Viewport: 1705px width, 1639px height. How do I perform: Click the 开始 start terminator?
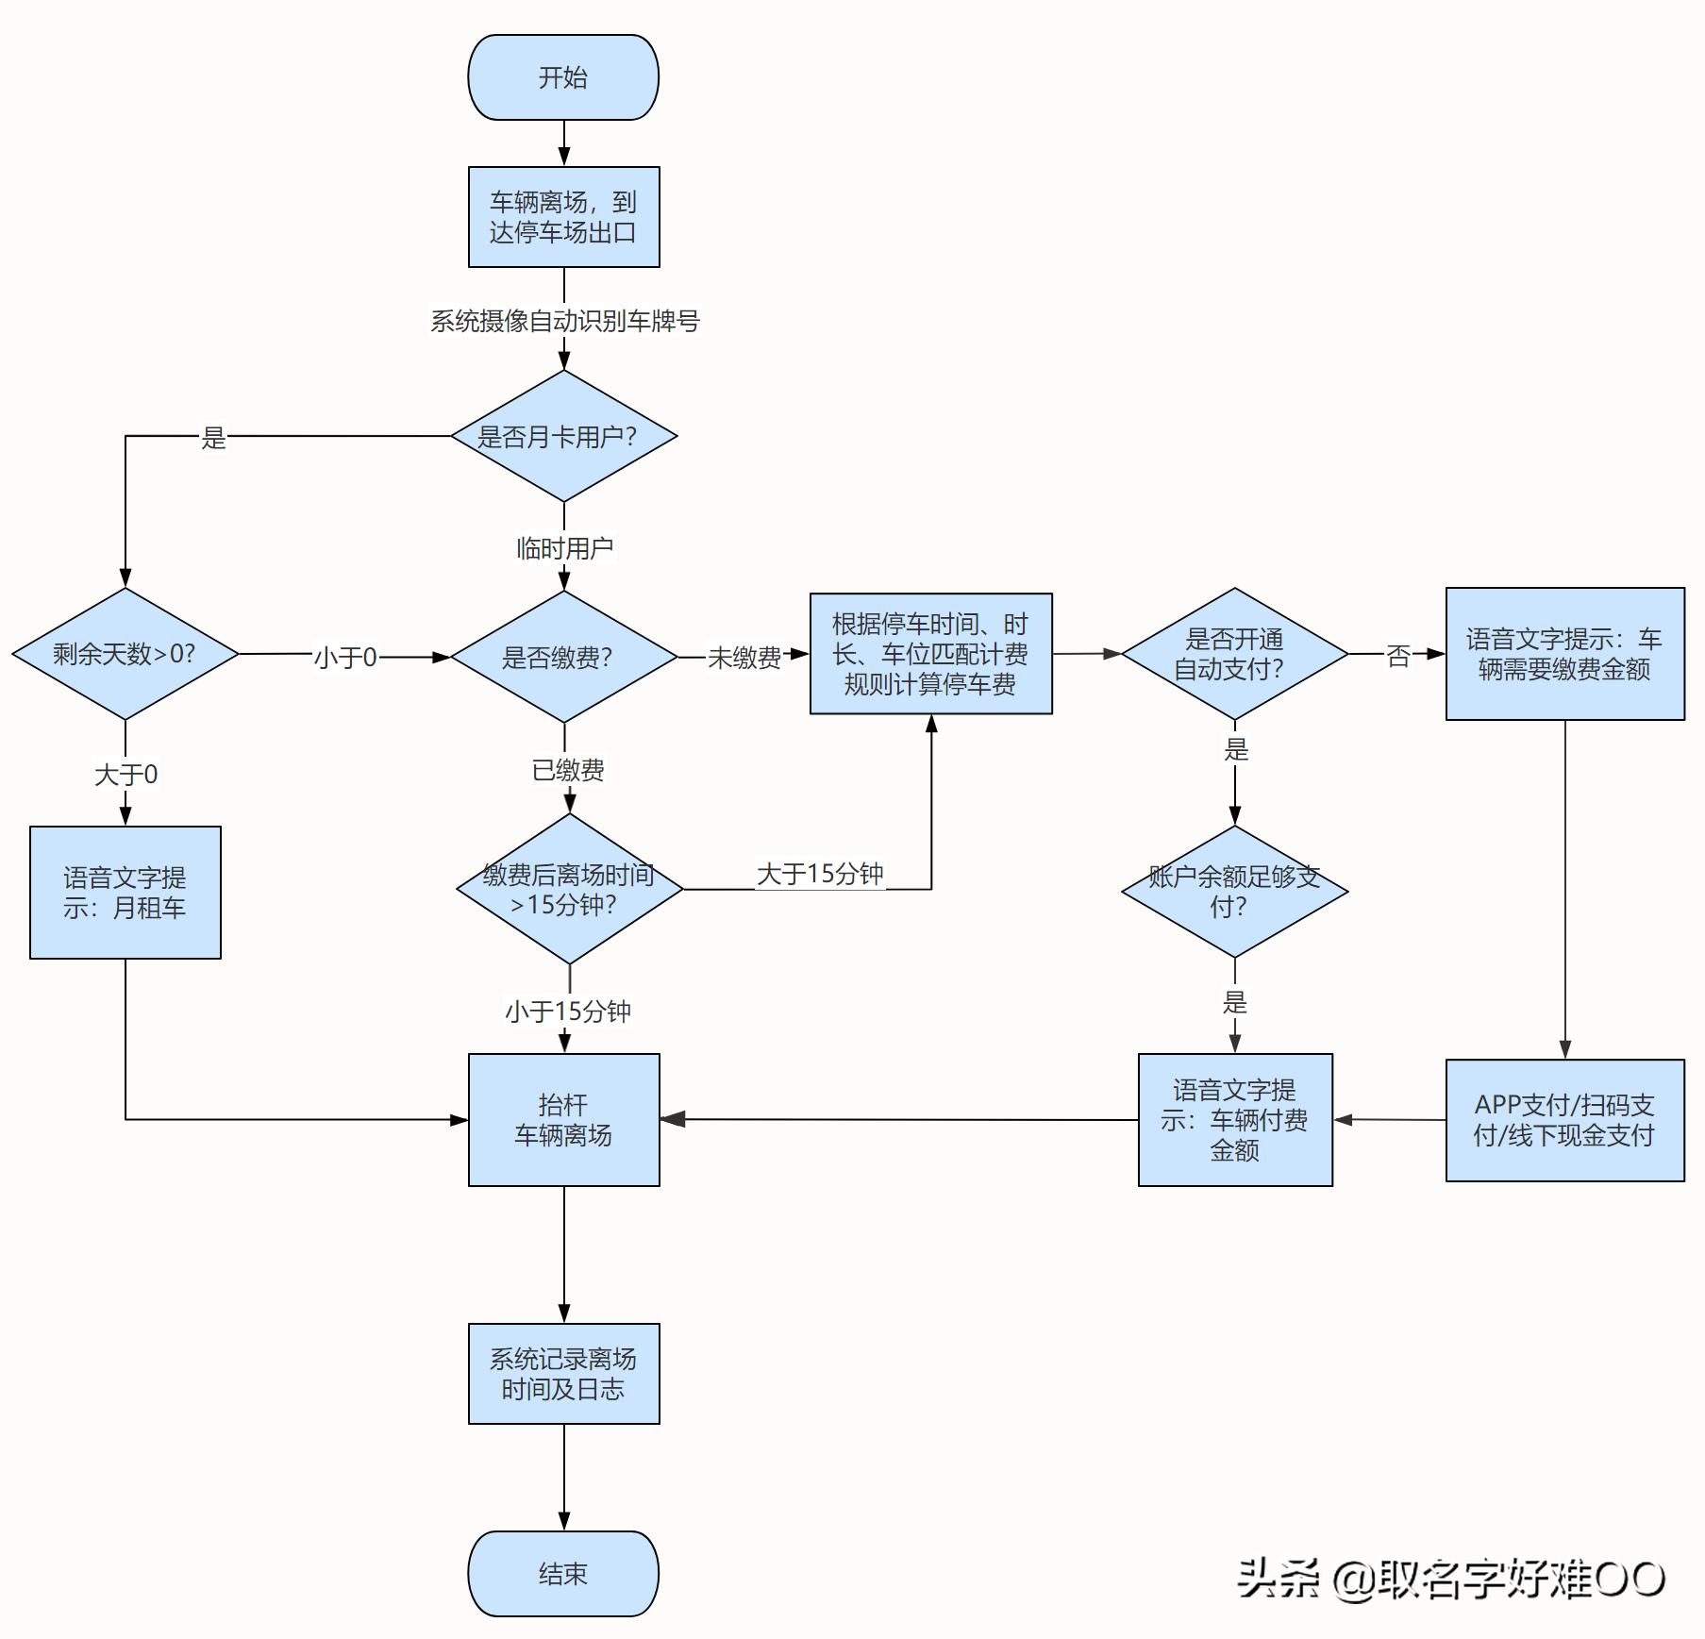pyautogui.click(x=563, y=77)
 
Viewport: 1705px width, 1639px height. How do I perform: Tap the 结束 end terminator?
pyautogui.click(x=563, y=1573)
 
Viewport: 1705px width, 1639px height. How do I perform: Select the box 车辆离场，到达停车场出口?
pyautogui.click(x=563, y=217)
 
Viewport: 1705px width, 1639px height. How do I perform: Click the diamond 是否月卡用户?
pyautogui.click(x=563, y=436)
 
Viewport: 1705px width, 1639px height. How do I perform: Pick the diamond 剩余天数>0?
pyautogui.click(x=125, y=654)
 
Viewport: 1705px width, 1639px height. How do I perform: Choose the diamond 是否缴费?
pyautogui.click(x=563, y=657)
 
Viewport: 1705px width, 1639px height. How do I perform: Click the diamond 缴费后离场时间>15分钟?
pyautogui.click(x=569, y=889)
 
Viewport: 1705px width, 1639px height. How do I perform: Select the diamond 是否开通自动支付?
pyautogui.click(x=1234, y=654)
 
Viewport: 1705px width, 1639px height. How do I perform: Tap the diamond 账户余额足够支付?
pyautogui.click(x=1234, y=892)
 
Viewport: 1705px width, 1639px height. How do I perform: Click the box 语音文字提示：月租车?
pyautogui.click(x=125, y=893)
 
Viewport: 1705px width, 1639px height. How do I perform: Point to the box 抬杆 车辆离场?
pyautogui.click(x=563, y=1120)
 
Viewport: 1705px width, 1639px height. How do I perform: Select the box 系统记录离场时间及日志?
pyautogui.click(x=563, y=1374)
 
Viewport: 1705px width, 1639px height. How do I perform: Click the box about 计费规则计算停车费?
pyautogui.click(x=930, y=654)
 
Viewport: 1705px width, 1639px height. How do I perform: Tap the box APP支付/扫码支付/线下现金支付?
pyautogui.click(x=1564, y=1120)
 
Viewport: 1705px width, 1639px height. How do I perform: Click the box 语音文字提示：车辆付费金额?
pyautogui.click(x=1234, y=1120)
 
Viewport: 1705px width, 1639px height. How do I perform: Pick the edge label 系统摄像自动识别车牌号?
pyautogui.click(x=564, y=321)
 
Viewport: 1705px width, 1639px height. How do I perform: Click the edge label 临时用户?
pyautogui.click(x=564, y=548)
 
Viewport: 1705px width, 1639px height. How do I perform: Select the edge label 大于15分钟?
pyautogui.click(x=819, y=874)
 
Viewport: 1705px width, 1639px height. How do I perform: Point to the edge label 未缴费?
pyautogui.click(x=744, y=658)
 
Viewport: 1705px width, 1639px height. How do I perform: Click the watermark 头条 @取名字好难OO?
pyautogui.click(x=1450, y=1578)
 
